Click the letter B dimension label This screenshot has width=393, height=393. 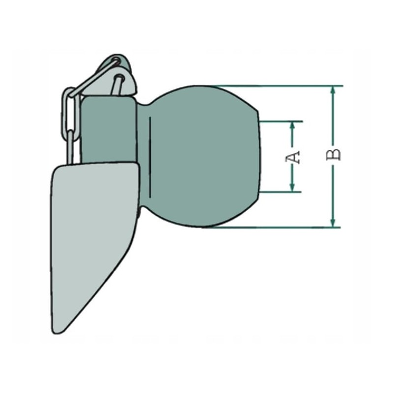coord(334,154)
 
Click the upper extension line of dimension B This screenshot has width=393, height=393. coord(275,86)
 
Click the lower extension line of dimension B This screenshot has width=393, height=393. coord(275,227)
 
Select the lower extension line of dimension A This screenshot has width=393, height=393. coord(280,192)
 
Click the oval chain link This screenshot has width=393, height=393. coord(68,110)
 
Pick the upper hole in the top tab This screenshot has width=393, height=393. coord(116,61)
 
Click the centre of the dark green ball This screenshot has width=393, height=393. coord(201,156)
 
